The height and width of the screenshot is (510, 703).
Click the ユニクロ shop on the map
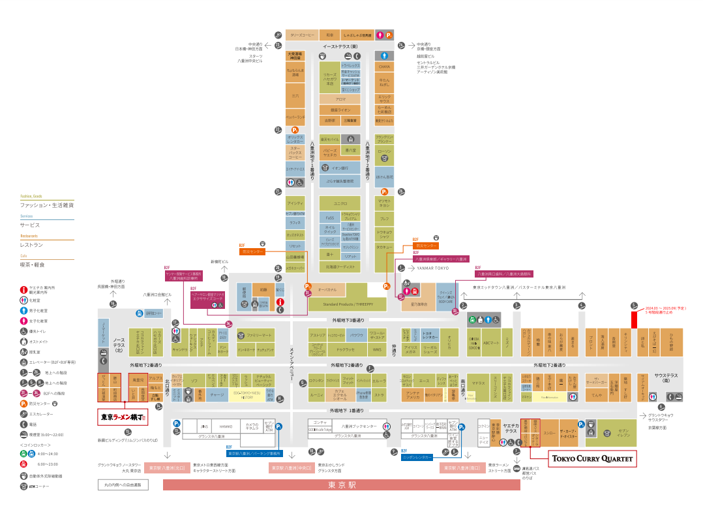340,203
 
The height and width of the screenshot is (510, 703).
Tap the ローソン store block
385,154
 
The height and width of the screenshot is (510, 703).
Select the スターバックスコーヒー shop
295,153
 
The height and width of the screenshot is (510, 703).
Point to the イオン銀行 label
340,168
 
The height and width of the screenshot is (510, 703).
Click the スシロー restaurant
550,432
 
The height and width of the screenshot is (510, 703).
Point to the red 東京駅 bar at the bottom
342,485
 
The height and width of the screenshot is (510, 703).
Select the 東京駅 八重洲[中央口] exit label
292,468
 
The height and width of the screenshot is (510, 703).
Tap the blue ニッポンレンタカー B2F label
417,457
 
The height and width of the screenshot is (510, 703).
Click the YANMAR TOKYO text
433,268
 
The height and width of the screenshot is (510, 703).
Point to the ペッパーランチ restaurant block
295,117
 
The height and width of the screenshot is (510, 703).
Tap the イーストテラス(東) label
340,47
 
